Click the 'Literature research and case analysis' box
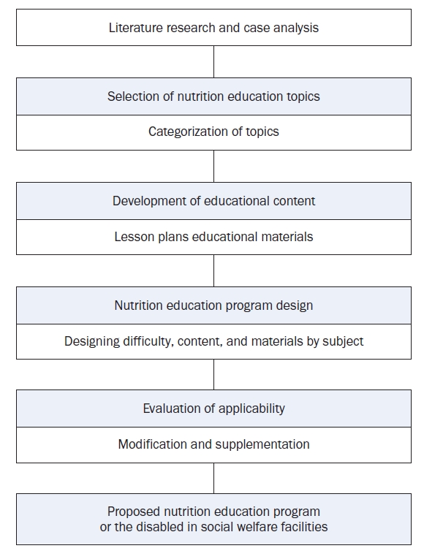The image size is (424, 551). (213, 28)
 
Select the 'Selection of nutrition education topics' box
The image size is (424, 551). (213, 96)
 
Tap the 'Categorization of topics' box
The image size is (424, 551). (213, 132)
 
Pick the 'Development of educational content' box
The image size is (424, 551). (213, 201)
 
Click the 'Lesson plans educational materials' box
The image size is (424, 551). (213, 237)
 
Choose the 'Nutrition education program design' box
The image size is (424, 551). (213, 305)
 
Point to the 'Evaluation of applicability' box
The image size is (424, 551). (213, 408)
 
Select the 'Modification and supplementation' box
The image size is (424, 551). (213, 445)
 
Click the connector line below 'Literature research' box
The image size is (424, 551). (213, 62)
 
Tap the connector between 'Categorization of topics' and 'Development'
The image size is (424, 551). (213, 166)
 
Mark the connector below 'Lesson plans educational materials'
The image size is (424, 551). (213, 270)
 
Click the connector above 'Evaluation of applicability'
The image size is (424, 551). (213, 374)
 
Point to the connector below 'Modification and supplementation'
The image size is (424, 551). (213, 478)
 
